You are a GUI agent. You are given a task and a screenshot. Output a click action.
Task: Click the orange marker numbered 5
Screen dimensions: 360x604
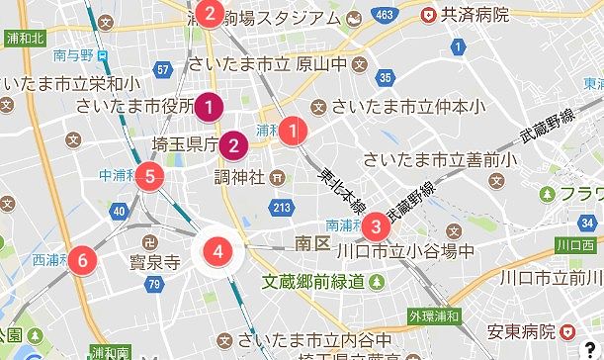(149, 177)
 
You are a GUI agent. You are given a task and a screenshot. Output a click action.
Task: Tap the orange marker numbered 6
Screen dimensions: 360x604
(83, 261)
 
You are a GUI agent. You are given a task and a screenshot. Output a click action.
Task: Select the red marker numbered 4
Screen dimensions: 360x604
(218, 251)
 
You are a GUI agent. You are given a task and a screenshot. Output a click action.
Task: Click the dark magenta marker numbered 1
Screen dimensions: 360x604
(209, 105)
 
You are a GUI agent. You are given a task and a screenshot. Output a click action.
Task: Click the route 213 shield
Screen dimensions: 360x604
(283, 207)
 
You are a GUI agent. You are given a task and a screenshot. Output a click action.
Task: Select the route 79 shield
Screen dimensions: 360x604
(153, 285)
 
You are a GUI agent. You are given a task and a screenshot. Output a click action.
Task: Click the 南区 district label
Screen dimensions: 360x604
(311, 242)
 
